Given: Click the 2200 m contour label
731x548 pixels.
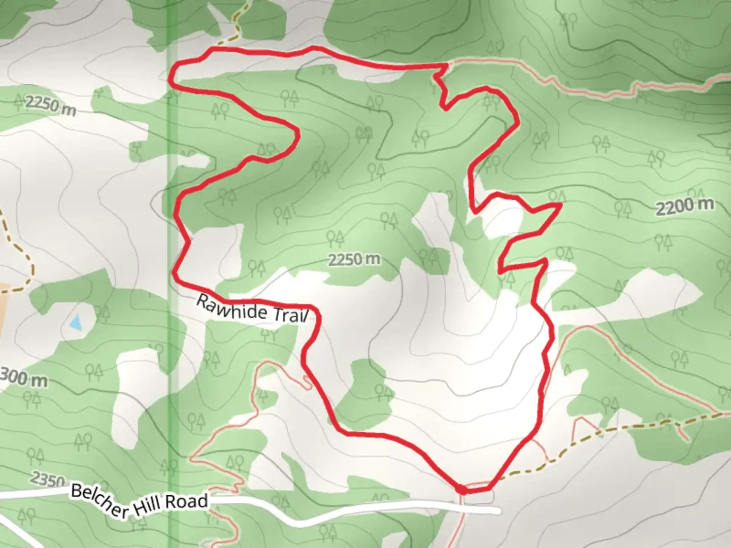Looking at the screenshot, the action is click(685, 206).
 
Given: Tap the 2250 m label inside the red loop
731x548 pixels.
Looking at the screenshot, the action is click(354, 260).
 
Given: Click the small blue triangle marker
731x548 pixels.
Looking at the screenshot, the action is click(76, 322).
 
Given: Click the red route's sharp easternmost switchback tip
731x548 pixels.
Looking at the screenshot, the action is click(560, 204).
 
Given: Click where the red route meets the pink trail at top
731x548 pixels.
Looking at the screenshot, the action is click(447, 64).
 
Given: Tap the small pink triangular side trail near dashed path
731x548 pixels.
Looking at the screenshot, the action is click(584, 426).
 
